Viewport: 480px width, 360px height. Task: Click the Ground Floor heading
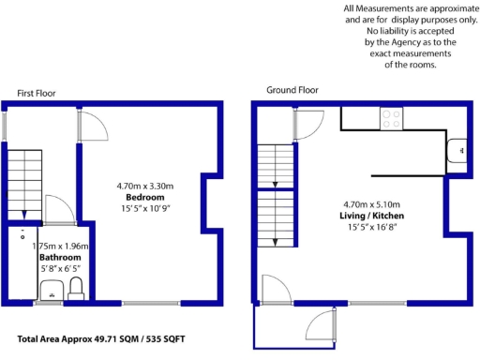(x=292, y=91)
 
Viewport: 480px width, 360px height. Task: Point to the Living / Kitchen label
(x=366, y=216)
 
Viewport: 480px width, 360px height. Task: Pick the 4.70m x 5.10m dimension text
(x=366, y=203)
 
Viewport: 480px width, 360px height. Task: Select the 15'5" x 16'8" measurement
(x=366, y=228)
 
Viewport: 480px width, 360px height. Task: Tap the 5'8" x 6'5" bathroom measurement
(x=60, y=269)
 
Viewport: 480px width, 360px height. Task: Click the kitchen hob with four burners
(x=390, y=119)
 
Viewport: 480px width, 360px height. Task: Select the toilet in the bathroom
(x=77, y=287)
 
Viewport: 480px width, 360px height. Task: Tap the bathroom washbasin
(x=52, y=289)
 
